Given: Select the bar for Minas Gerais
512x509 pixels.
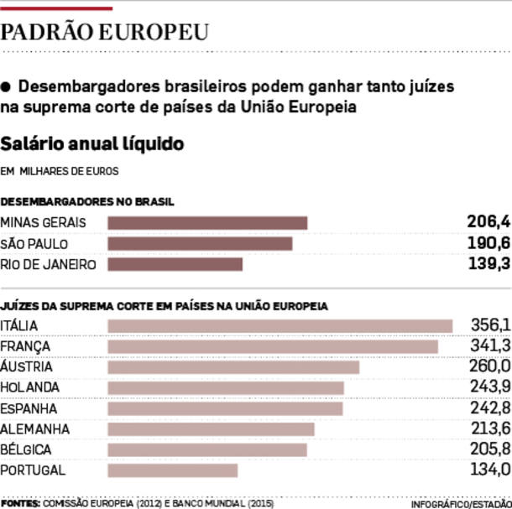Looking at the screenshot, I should click(x=208, y=222).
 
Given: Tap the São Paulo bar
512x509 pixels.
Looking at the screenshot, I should click(x=201, y=243).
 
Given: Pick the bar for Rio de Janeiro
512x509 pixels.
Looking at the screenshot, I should click(x=175, y=264).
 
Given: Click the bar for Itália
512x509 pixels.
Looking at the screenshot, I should click(x=280, y=325).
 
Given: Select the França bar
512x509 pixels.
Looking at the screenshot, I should click(x=273, y=346).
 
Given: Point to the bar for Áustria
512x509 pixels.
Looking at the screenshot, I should click(x=233, y=367).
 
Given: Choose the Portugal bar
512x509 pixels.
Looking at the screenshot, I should click(x=173, y=470).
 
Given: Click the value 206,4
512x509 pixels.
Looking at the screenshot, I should click(x=488, y=222).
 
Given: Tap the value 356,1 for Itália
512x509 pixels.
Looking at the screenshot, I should click(x=490, y=325).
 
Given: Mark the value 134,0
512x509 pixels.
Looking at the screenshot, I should click(x=490, y=470).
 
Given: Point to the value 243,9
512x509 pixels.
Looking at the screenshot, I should click(x=489, y=387).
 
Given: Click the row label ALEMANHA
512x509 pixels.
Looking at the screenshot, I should click(x=34, y=429).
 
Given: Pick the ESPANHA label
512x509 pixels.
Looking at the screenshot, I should click(x=29, y=408).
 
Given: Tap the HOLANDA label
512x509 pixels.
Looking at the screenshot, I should click(x=30, y=387).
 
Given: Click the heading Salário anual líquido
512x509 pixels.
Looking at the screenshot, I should click(x=92, y=143).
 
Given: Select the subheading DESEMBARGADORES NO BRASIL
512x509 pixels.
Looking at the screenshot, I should click(x=87, y=202).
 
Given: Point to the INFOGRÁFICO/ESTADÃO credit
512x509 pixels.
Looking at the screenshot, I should click(x=461, y=503).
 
